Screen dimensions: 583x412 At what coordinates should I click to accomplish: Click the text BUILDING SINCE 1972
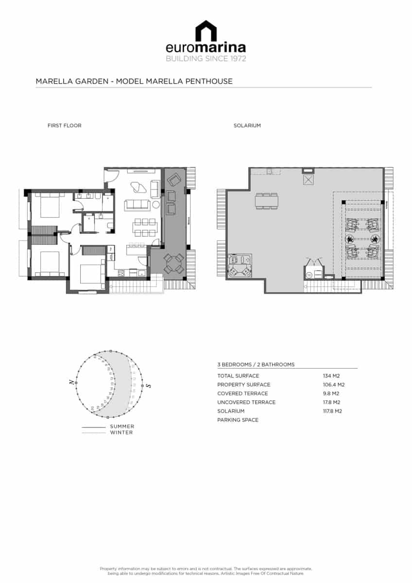(206, 59)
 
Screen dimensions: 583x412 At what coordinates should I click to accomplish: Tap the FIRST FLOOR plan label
(64, 125)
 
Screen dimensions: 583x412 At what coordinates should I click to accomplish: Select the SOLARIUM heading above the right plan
(247, 125)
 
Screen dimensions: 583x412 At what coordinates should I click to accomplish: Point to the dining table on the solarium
(267, 201)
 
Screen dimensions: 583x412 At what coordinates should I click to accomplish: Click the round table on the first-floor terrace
(173, 264)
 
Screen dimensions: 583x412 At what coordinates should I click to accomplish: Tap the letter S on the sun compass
(148, 386)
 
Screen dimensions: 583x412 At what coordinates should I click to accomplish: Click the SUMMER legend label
(122, 427)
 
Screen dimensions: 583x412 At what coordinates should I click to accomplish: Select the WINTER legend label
(121, 432)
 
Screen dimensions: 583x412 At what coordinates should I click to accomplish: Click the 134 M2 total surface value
(331, 376)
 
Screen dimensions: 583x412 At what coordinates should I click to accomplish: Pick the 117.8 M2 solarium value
(332, 411)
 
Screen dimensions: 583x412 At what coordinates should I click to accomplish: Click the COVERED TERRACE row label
(242, 394)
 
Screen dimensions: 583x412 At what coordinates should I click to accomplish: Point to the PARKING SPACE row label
(238, 420)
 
